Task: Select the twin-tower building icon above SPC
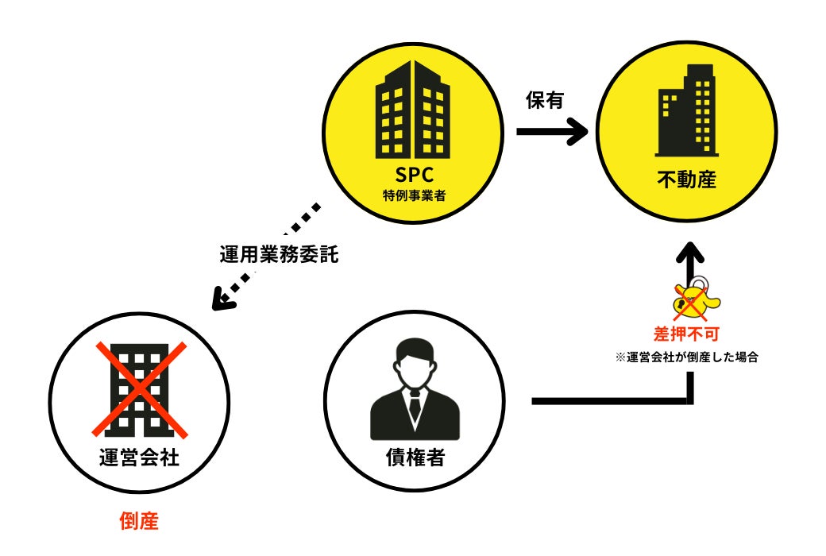pos(411,111)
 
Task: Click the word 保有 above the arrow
pos(546,102)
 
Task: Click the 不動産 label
pos(687,181)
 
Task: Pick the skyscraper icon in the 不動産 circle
pos(687,111)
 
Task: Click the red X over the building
pos(140,390)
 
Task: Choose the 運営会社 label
pos(140,458)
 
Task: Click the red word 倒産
pos(140,521)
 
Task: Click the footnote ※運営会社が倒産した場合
pos(687,357)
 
